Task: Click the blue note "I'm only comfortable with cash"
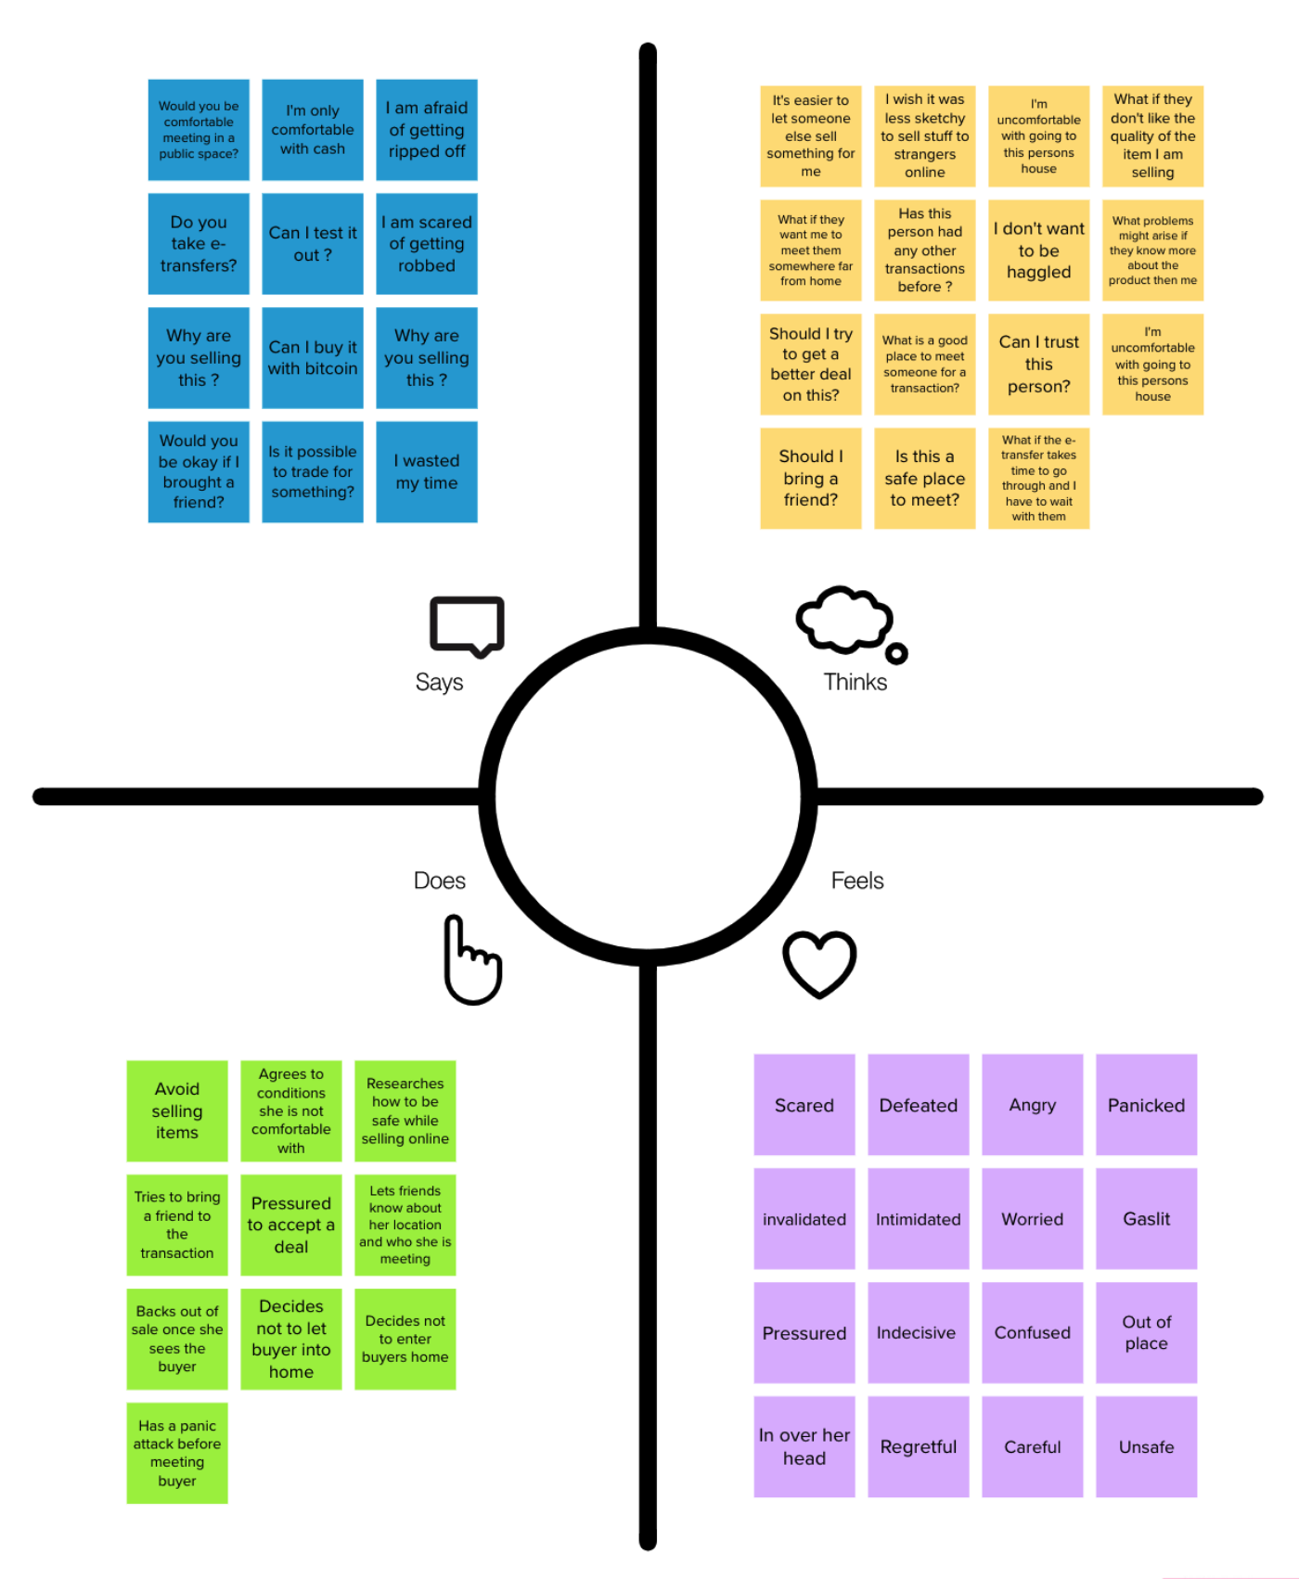pos(313,130)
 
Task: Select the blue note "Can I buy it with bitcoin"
pos(313,358)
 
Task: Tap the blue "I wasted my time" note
pos(427,472)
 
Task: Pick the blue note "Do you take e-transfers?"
pos(199,244)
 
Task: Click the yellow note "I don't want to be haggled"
pos(1039,250)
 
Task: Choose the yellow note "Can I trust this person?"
pos(1039,365)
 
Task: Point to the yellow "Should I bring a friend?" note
pos(811,479)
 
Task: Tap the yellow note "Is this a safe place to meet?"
pos(925,479)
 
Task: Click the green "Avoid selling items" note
pos(177,1111)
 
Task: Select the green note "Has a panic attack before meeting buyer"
pos(177,1454)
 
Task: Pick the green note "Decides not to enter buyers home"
pos(405,1340)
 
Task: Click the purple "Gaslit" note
pos(1147,1219)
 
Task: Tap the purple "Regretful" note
pos(919,1447)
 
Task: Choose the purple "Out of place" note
pos(1147,1333)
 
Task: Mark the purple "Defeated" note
pos(919,1105)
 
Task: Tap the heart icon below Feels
pos(819,963)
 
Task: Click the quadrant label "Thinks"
pos(855,682)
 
